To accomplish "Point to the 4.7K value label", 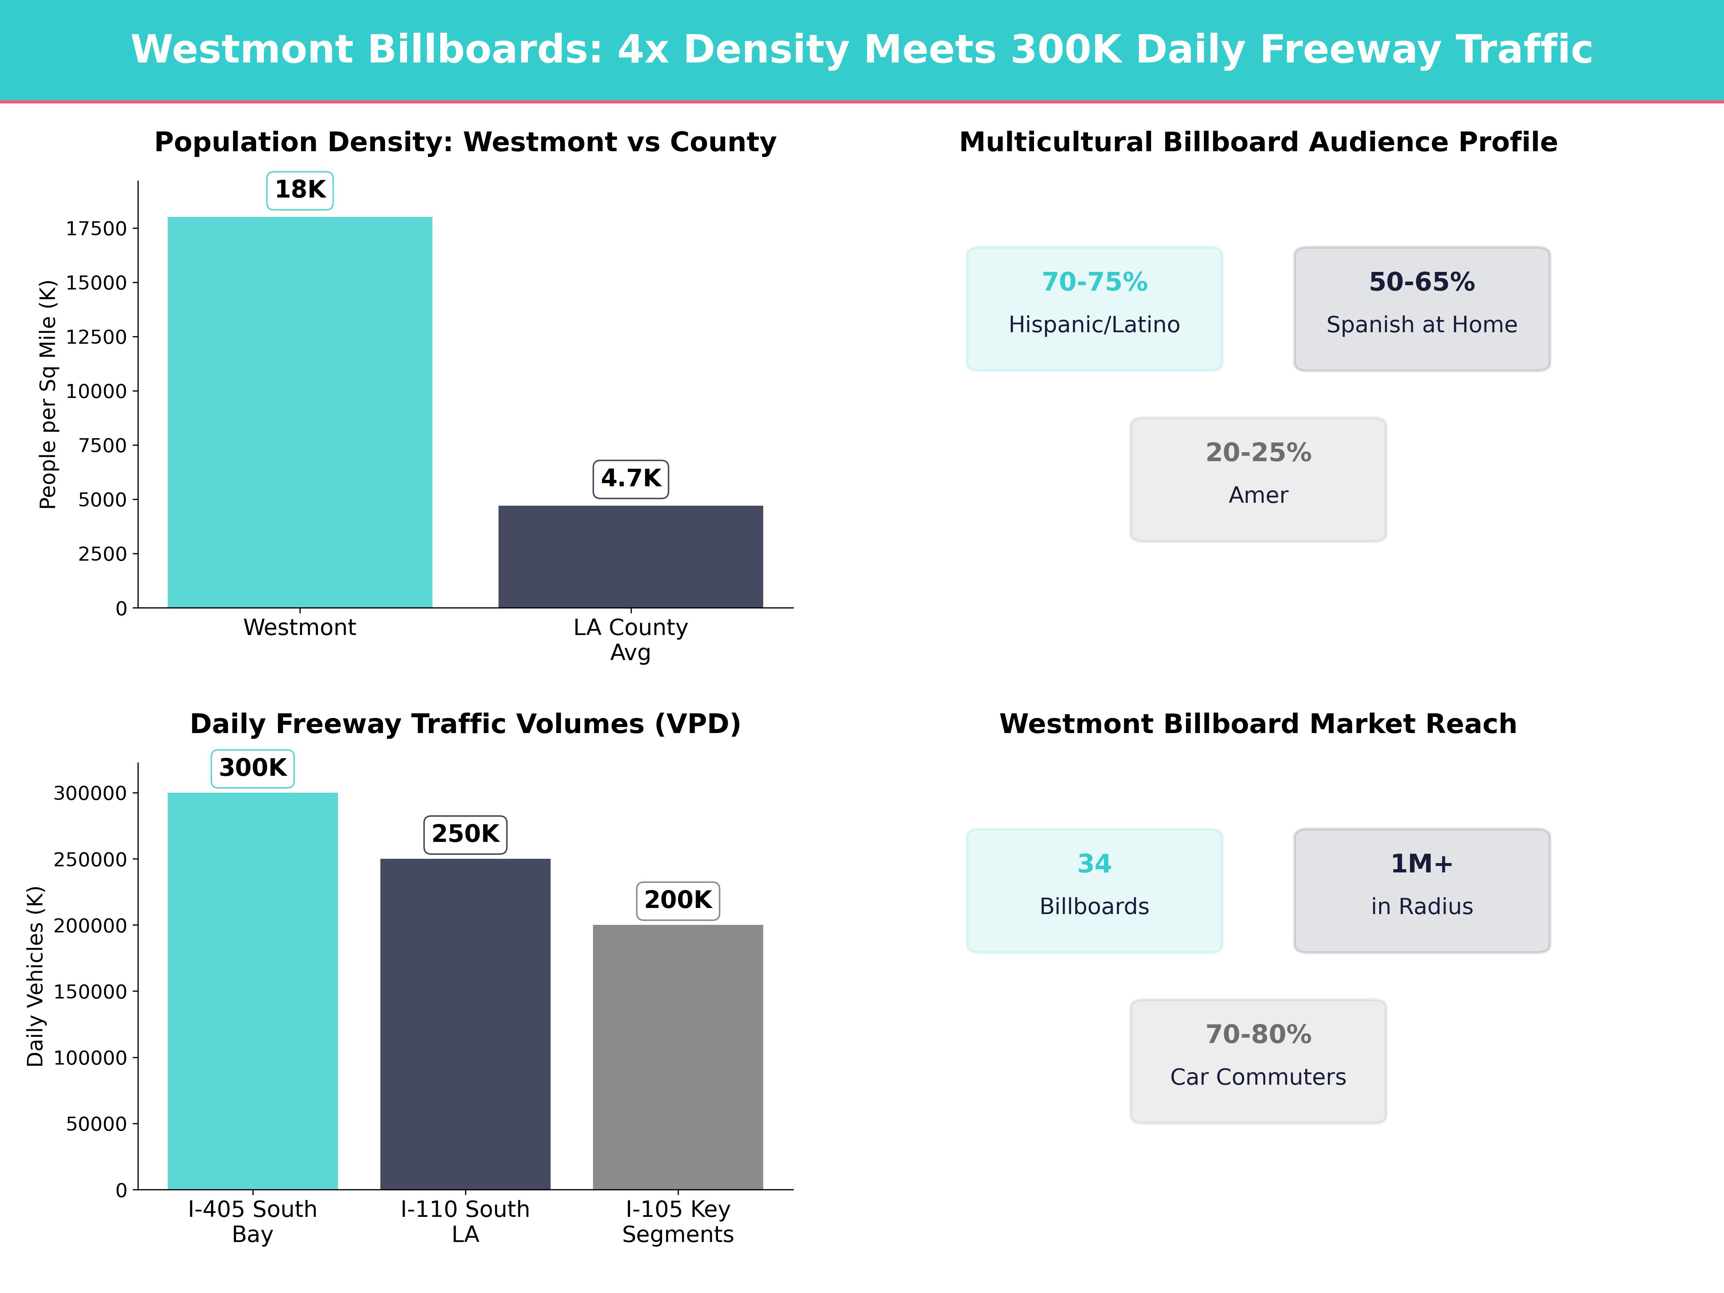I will [631, 478].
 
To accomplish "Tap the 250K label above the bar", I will [465, 834].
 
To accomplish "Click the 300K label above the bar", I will [252, 768].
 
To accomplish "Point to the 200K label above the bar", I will [678, 900].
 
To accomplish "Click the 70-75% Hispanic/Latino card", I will [1094, 309].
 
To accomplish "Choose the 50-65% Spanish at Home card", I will [1422, 309].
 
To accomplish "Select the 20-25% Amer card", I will [1258, 479].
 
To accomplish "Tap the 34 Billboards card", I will [1094, 890].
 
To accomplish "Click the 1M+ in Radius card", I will [1422, 890].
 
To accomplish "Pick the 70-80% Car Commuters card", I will [1258, 1061].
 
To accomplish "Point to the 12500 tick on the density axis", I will [96, 337].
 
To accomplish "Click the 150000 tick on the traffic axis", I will [90, 991].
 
